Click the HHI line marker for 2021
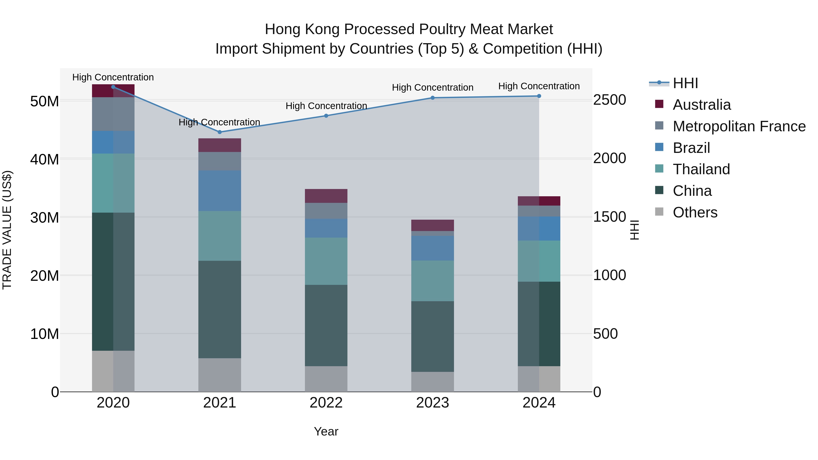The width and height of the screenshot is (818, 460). click(219, 132)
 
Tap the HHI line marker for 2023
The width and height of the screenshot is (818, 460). click(432, 98)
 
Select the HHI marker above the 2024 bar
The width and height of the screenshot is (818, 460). click(539, 96)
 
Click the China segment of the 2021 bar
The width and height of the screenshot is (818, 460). click(219, 310)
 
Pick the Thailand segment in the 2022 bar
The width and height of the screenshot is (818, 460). click(326, 261)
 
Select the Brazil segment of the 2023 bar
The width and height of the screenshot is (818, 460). click(432, 248)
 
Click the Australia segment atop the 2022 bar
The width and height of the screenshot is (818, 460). click(326, 196)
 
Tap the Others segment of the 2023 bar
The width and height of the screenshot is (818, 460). click(432, 382)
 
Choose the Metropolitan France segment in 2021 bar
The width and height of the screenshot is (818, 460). click(219, 161)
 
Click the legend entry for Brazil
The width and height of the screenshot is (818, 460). click(691, 148)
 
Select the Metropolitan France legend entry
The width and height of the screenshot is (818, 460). click(739, 126)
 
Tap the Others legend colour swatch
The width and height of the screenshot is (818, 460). click(659, 212)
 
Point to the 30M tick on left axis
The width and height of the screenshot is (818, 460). click(45, 218)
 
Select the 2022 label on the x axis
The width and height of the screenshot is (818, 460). click(326, 403)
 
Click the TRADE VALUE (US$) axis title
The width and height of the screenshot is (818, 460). click(7, 230)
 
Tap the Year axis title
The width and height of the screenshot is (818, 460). click(326, 431)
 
